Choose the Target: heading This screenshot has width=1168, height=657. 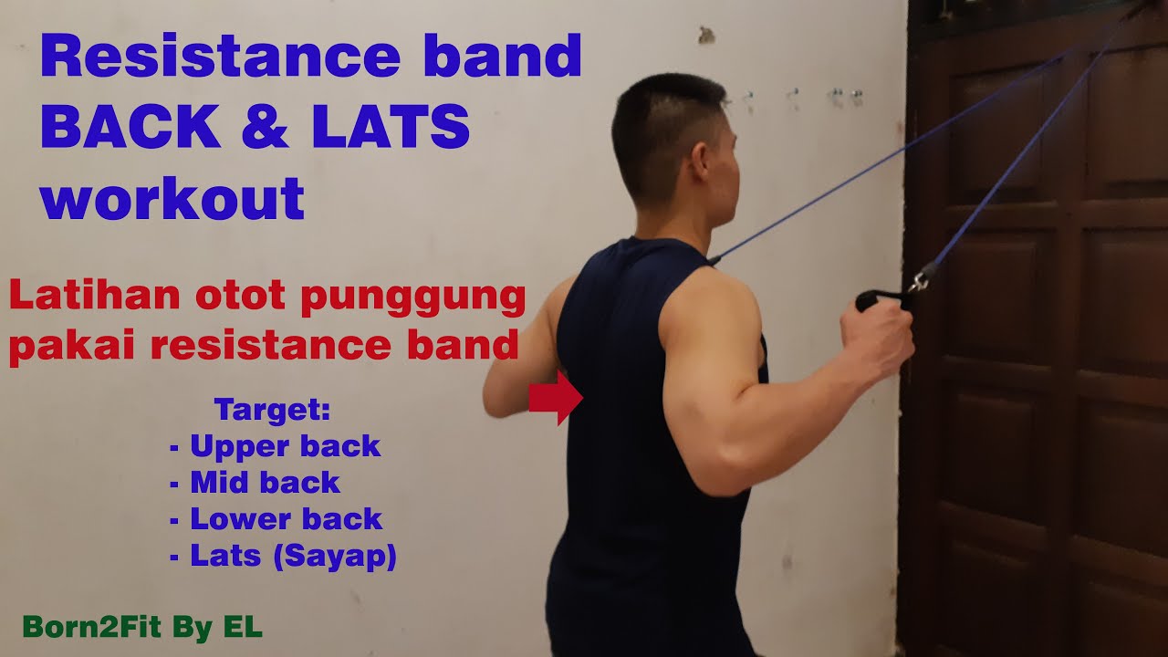coord(272,410)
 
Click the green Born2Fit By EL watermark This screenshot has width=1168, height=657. coord(142,627)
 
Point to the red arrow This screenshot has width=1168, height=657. coord(556,399)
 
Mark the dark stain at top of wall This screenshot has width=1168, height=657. coord(705,36)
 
